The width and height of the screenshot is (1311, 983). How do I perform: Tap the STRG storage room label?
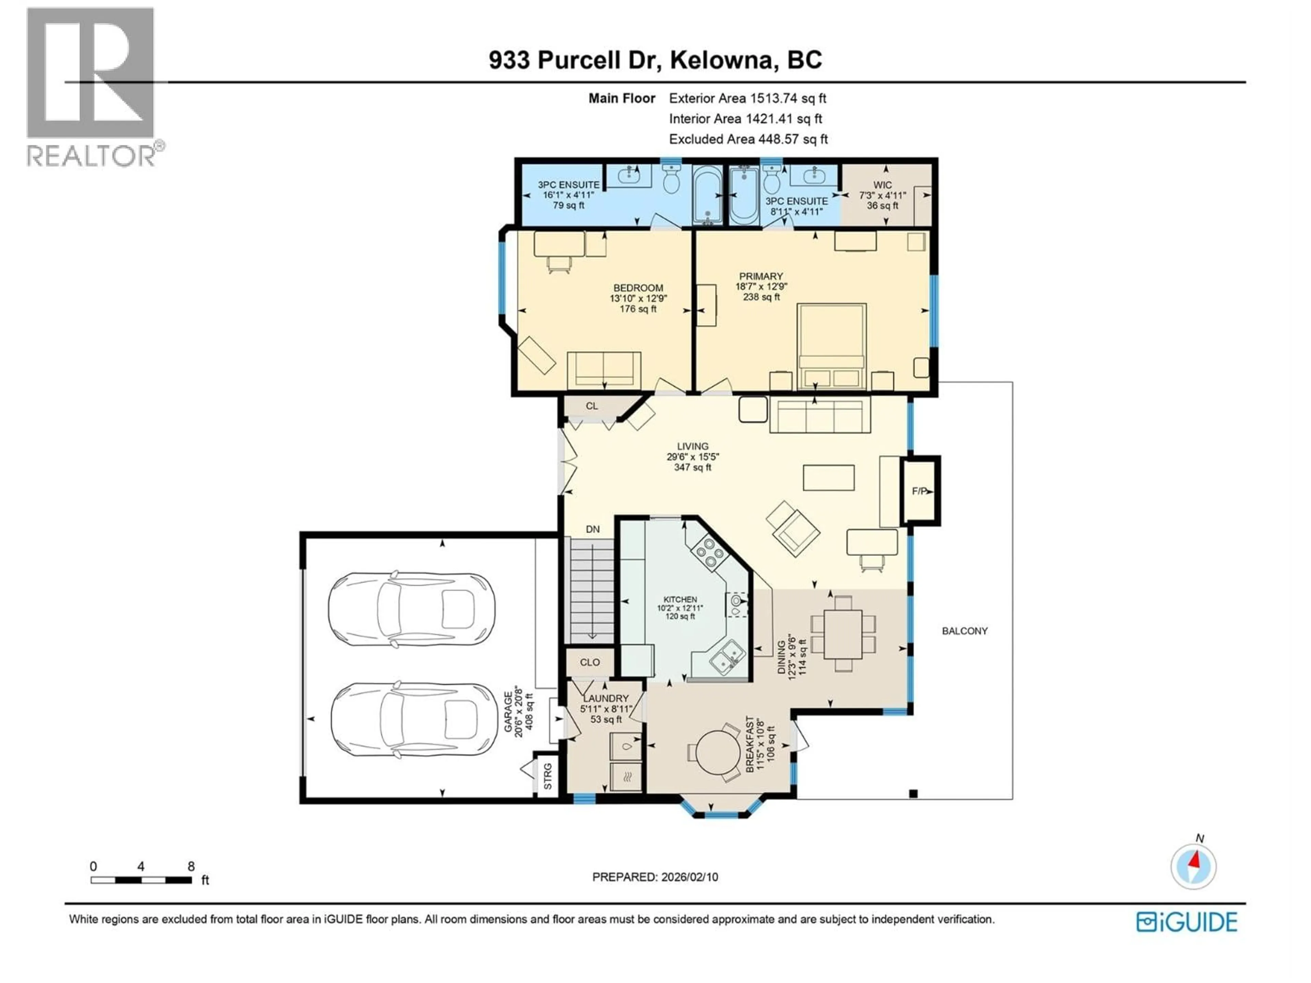pyautogui.click(x=548, y=776)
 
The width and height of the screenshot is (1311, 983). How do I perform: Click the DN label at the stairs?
pyautogui.click(x=593, y=529)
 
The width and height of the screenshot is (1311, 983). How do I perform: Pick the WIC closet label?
pyautogui.click(x=883, y=185)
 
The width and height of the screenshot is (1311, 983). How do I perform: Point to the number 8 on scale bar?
pyautogui.click(x=191, y=866)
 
